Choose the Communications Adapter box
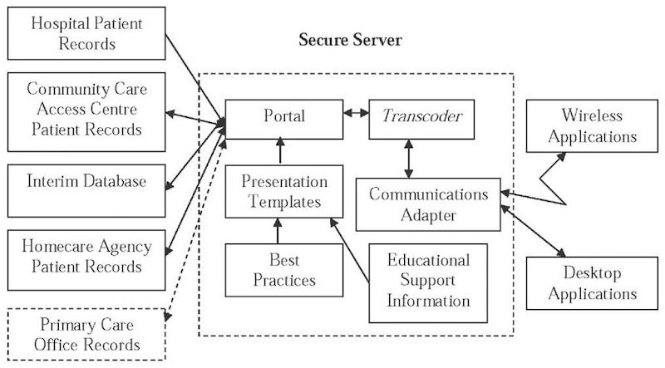[428, 204]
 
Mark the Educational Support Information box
[429, 280]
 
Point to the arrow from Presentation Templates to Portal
[282, 150]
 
